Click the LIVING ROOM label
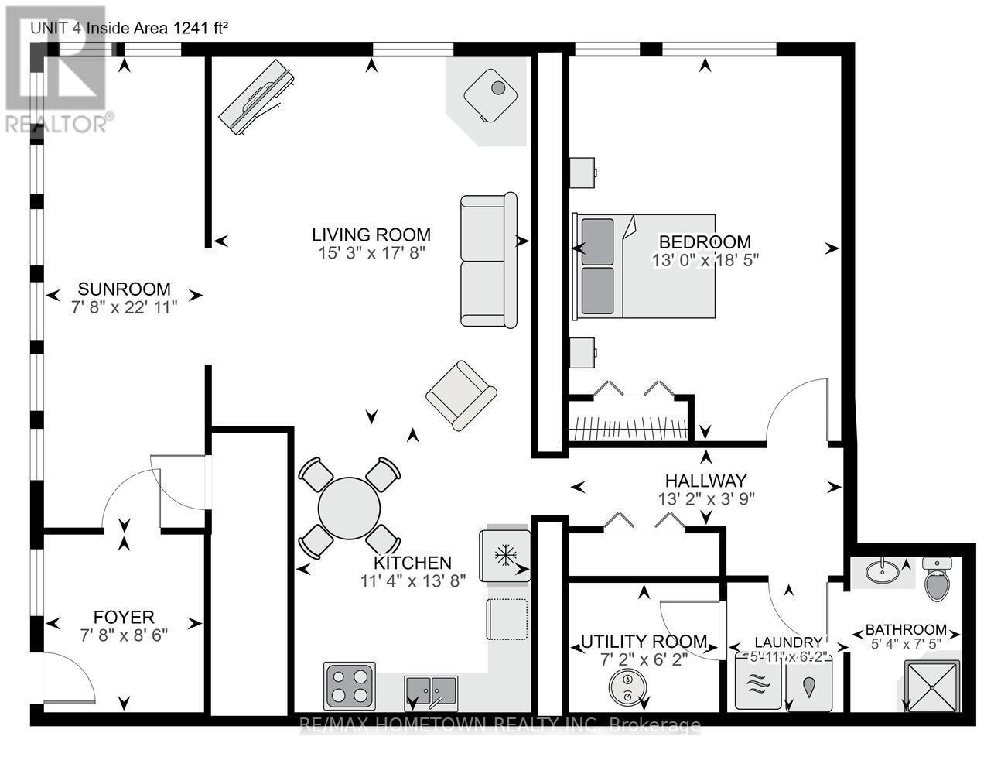click(371, 235)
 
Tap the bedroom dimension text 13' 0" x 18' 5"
click(705, 261)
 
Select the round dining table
click(350, 509)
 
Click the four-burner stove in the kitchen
click(350, 684)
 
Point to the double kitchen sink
click(431, 689)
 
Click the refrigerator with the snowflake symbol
click(505, 555)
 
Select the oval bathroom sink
click(882, 572)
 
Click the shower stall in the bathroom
click(931, 685)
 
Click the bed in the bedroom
click(644, 266)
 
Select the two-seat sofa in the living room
click(488, 260)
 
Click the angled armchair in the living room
click(461, 395)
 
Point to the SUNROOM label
click(124, 289)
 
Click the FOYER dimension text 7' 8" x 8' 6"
click(124, 635)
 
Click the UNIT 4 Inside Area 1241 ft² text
click(128, 28)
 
